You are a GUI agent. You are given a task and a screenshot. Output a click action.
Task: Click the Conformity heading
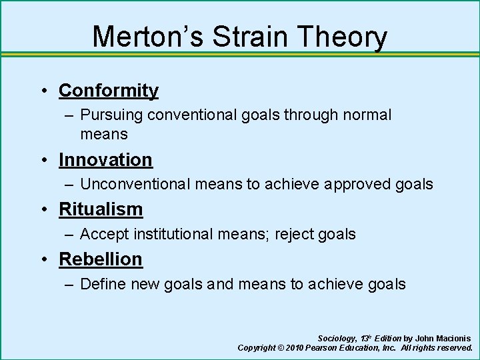coord(109,90)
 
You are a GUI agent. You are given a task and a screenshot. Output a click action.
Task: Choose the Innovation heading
coord(105,160)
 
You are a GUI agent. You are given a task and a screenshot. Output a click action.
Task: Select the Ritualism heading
coord(101,209)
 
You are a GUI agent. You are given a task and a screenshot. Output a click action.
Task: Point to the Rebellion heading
coord(101,259)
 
